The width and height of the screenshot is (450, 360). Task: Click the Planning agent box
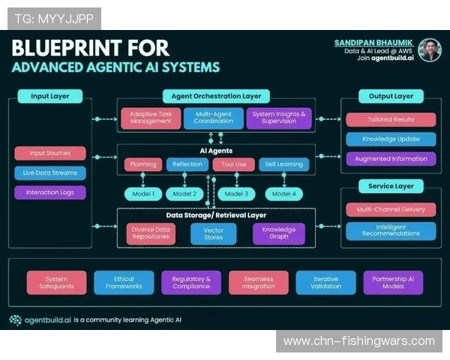(143, 164)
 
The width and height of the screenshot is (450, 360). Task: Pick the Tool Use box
(234, 164)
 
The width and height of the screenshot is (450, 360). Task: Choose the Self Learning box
(283, 164)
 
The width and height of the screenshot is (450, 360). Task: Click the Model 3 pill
(236, 193)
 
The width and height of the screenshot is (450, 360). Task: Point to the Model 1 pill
(142, 193)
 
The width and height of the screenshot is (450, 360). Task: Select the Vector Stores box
(214, 234)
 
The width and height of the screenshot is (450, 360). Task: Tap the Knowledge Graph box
(278, 234)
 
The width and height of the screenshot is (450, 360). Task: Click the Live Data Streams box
(49, 172)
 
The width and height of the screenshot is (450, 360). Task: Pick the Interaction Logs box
(49, 192)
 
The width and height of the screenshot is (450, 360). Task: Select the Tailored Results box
(391, 119)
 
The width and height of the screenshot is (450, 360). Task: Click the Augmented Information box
(391, 158)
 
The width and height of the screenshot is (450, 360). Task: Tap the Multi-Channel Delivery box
(391, 210)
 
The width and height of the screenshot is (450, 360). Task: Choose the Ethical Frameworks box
(124, 282)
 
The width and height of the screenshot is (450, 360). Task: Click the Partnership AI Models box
(393, 282)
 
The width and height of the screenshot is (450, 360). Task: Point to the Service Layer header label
(391, 186)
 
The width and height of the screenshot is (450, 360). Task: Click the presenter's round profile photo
(429, 50)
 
